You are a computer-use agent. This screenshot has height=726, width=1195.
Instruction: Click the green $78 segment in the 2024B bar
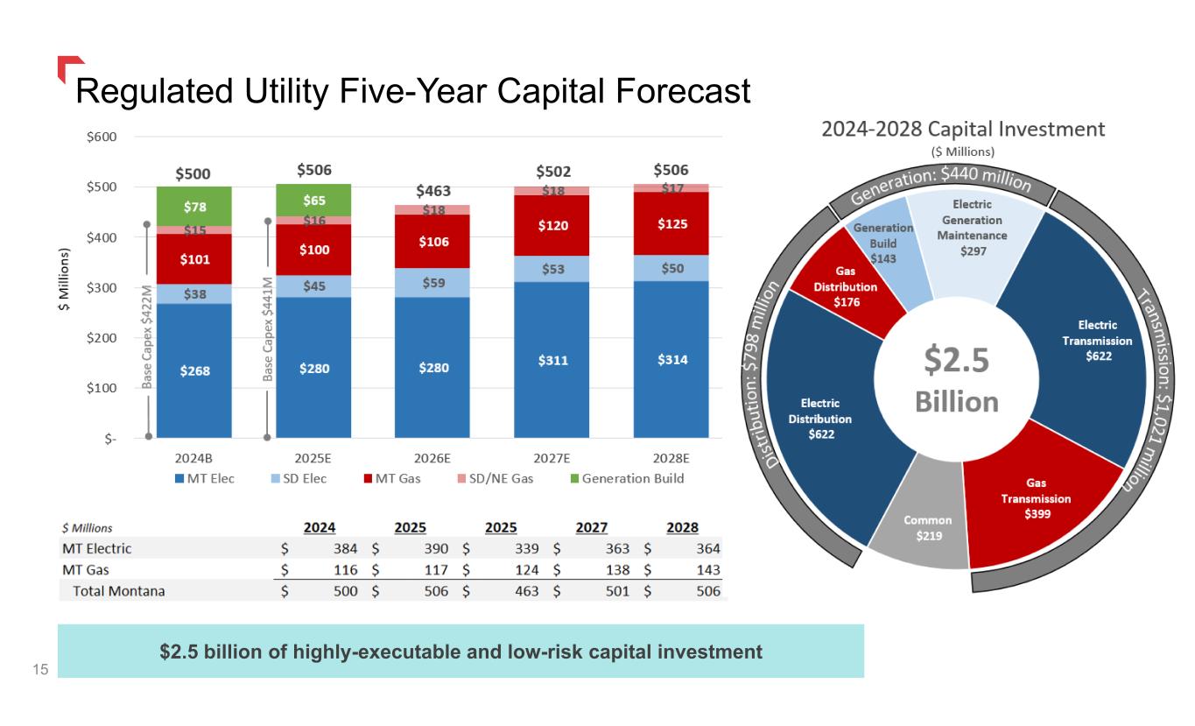[194, 207]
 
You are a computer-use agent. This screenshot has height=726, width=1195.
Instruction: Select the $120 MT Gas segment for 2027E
[552, 225]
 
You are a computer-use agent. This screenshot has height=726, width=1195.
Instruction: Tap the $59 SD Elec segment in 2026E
[432, 283]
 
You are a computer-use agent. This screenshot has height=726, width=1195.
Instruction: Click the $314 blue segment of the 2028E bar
[671, 359]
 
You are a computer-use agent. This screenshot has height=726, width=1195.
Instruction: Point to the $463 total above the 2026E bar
[433, 191]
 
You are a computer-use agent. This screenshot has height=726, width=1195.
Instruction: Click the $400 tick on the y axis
[102, 237]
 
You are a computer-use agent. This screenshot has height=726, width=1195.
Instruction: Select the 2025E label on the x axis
[313, 459]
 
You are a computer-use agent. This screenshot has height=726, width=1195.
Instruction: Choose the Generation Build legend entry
[628, 478]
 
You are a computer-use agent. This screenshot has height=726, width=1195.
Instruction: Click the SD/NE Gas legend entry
[496, 478]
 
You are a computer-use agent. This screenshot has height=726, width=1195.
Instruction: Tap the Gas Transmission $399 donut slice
[1035, 499]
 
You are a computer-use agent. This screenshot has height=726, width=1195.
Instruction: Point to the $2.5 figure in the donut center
[957, 360]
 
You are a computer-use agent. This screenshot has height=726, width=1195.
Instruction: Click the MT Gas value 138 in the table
[617, 570]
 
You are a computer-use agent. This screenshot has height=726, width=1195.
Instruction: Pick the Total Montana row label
[119, 591]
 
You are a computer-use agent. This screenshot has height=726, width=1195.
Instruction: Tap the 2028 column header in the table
[682, 527]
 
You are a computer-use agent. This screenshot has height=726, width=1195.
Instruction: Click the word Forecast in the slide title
[683, 91]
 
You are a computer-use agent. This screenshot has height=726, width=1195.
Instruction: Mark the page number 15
[40, 669]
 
